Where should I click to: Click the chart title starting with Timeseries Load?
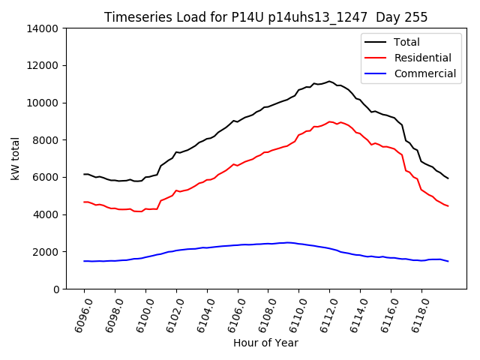[x=265, y=17]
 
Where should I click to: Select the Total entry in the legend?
[x=407, y=42]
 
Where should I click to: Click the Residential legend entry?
[x=422, y=58]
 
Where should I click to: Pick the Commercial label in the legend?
[x=424, y=73]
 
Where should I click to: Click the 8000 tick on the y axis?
[x=46, y=140]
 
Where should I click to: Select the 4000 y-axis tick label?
[x=46, y=214]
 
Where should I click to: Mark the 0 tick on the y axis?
[x=55, y=289]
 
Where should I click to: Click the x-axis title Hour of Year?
[x=265, y=343]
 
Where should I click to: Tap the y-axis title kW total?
[x=15, y=159]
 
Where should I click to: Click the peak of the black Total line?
[x=329, y=81]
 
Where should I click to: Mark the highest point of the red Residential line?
[x=330, y=121]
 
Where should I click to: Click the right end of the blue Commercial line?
[x=448, y=261]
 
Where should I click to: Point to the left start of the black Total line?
[x=84, y=174]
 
